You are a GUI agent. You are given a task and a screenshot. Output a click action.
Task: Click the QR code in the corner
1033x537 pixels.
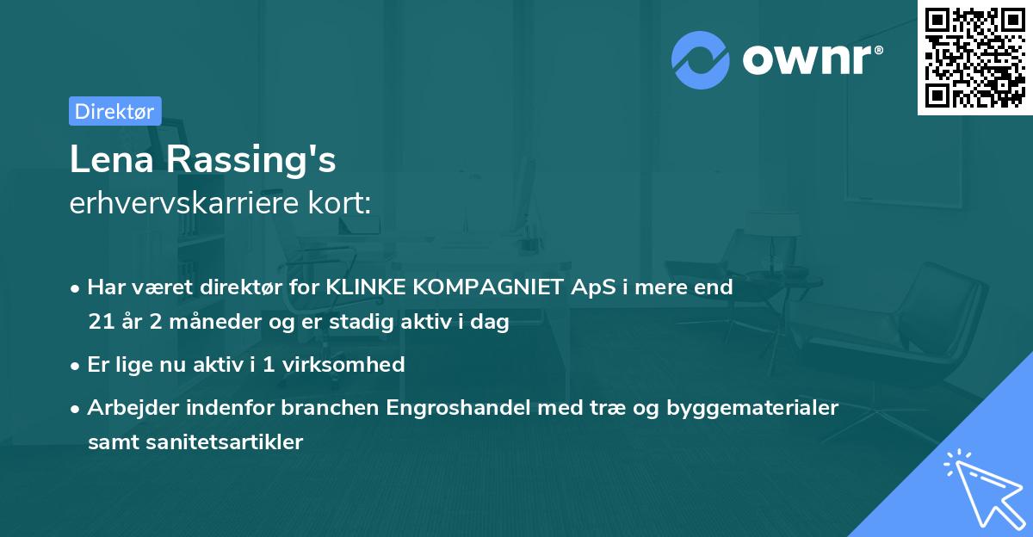coord(975,57)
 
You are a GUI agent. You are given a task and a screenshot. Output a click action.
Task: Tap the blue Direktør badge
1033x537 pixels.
coord(114,111)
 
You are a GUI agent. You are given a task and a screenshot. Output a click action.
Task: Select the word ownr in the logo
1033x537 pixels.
coord(811,60)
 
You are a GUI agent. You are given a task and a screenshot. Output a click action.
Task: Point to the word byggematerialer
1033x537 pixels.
coord(752,407)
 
